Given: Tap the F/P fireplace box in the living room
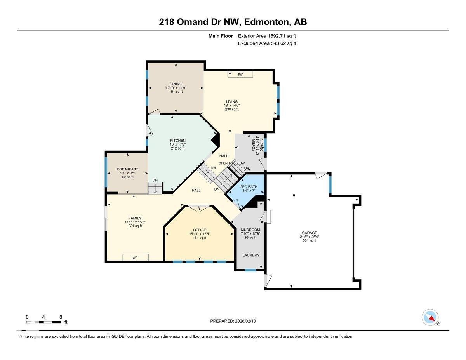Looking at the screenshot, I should click(x=240, y=74).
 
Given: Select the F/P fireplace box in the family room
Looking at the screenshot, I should click(x=134, y=257).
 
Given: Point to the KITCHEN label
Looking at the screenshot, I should click(x=177, y=141).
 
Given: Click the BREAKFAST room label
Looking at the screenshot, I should click(x=127, y=169).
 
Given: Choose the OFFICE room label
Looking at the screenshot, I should click(x=200, y=230).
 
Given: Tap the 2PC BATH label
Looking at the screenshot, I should click(x=249, y=187).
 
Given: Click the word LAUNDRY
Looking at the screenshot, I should click(x=251, y=255).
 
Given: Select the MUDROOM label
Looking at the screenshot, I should click(x=250, y=230).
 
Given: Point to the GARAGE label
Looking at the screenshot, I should click(x=310, y=233).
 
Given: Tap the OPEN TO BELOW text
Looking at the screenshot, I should click(x=231, y=163).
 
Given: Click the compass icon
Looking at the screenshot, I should click(x=430, y=317).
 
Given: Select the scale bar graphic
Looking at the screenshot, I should click(x=43, y=322).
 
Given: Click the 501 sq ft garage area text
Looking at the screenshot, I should click(x=310, y=241).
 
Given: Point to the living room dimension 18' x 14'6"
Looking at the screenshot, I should click(x=232, y=105).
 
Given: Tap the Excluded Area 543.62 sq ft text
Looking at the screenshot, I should click(x=267, y=43).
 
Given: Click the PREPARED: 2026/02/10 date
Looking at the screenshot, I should click(x=233, y=321).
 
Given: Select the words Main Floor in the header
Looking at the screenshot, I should click(x=220, y=36).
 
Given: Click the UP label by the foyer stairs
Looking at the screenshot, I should click(x=247, y=169).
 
